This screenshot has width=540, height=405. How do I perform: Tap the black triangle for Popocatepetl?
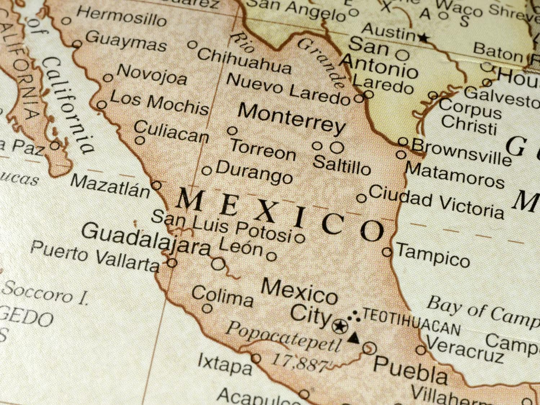coord(354,338)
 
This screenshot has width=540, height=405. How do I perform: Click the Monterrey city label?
coord(291,118)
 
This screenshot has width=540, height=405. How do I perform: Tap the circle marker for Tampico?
coord(387,252)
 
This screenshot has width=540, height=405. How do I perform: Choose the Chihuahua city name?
coord(244,61)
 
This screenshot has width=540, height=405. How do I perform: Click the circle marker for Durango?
coord(206,170)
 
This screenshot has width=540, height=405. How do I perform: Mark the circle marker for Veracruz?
coord(421,350)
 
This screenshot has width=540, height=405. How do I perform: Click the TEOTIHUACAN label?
coord(411,322)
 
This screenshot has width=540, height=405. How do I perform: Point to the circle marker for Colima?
coord(207,308)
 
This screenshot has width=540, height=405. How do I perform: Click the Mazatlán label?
coord(110,186)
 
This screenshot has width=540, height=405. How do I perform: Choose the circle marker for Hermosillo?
coord(66,21)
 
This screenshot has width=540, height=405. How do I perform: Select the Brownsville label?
coord(461,151)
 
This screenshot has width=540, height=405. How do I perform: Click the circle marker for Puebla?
coord(369,348)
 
